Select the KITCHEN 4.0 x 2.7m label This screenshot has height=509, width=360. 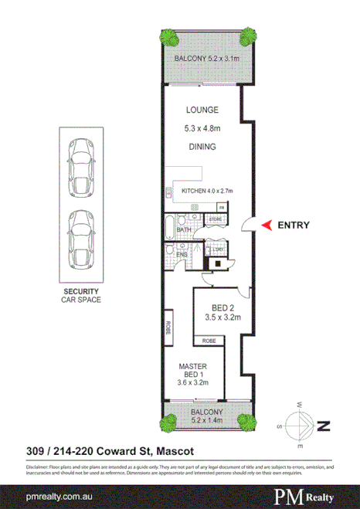(206, 191)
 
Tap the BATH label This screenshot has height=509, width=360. (184, 229)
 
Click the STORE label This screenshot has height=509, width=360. (216, 219)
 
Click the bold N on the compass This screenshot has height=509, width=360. (324, 425)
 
